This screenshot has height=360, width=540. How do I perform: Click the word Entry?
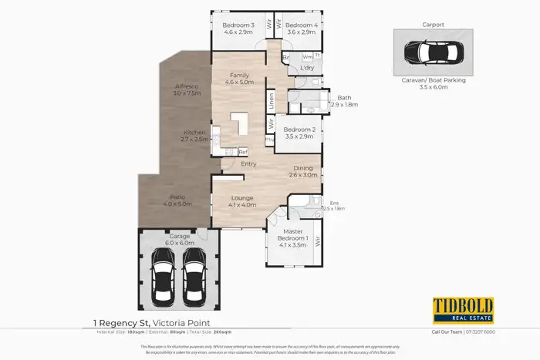[x=248, y=164]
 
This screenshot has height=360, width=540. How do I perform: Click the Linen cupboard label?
[x=272, y=100]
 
